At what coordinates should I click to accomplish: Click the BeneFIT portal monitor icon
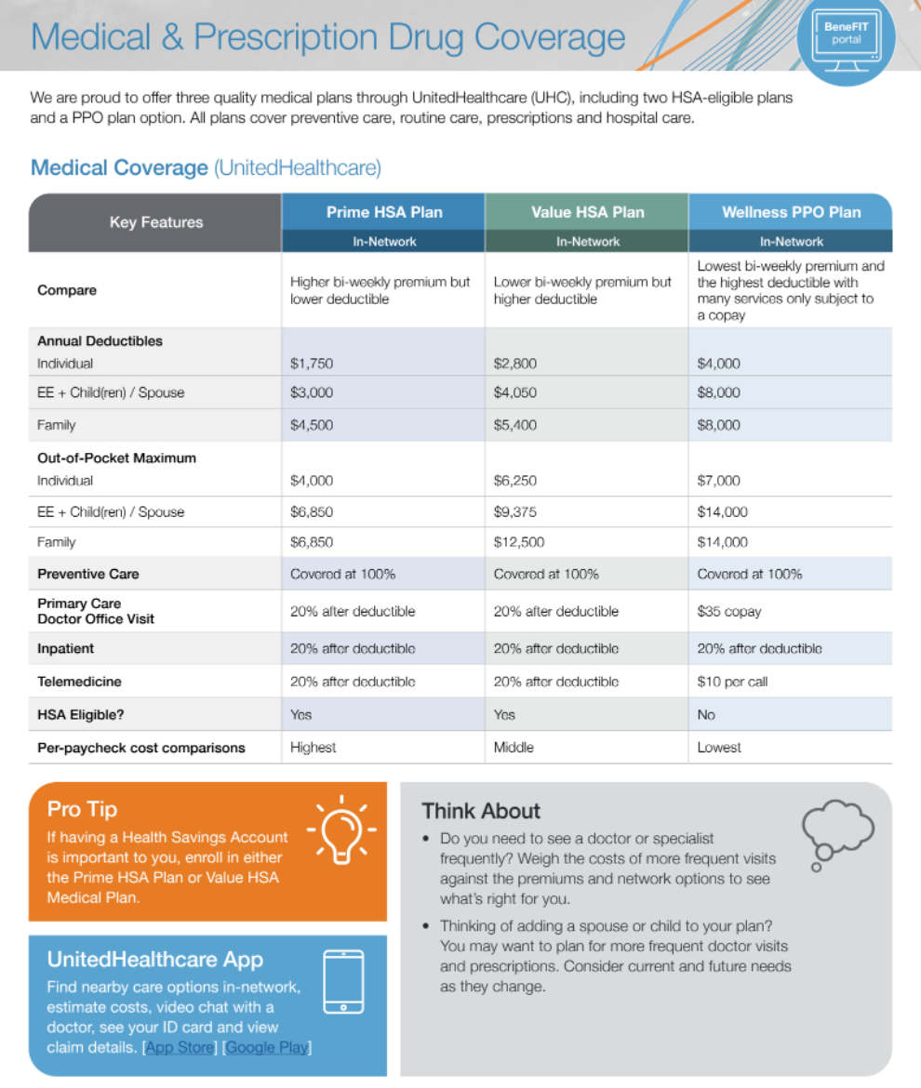pyautogui.click(x=846, y=42)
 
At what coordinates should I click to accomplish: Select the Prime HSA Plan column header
pyautogui.click(x=383, y=212)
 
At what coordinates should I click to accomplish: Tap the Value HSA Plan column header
pyautogui.click(x=587, y=212)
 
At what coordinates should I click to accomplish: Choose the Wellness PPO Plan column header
pyautogui.click(x=791, y=212)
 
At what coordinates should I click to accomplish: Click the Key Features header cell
pyautogui.click(x=155, y=222)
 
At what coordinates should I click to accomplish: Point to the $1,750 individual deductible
pyautogui.click(x=312, y=364)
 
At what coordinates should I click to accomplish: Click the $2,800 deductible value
pyautogui.click(x=515, y=364)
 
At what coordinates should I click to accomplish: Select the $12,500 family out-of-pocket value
pyautogui.click(x=519, y=542)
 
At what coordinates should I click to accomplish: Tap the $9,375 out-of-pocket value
pyautogui.click(x=515, y=511)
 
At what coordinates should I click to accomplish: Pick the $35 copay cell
pyautogui.click(x=729, y=611)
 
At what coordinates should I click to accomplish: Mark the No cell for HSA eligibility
pyautogui.click(x=706, y=715)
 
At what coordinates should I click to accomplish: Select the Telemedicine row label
pyautogui.click(x=79, y=682)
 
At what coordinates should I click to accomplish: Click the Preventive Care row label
pyautogui.click(x=88, y=574)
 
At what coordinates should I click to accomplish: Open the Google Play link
pyautogui.click(x=267, y=1047)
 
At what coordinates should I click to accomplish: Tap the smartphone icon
pyautogui.click(x=343, y=981)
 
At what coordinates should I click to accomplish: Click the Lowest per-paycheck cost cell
pyautogui.click(x=719, y=747)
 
